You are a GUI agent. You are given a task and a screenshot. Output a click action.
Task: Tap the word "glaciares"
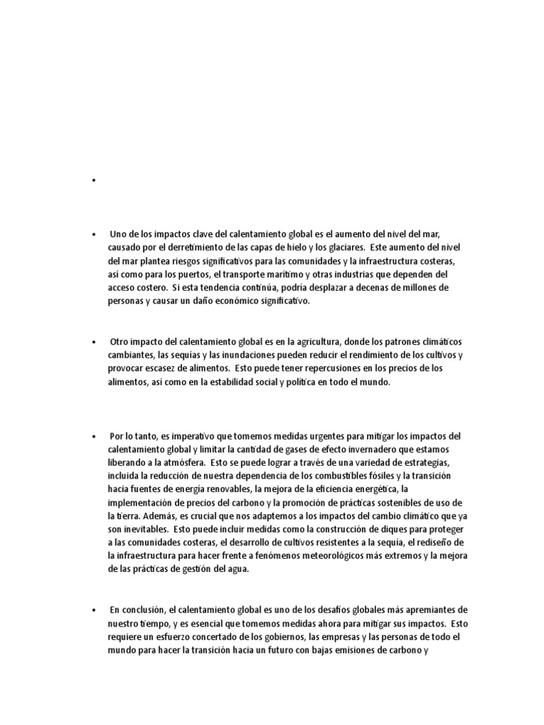click(339, 247)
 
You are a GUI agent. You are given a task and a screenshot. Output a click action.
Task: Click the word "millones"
click(421, 287)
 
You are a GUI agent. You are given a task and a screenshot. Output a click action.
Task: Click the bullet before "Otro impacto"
click(93, 342)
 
